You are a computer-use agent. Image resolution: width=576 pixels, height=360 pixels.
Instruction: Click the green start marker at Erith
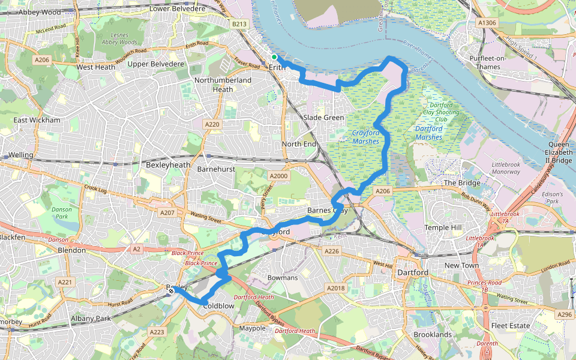tap(274, 57)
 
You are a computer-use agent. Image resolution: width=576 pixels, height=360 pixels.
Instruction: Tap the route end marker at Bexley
tap(172, 291)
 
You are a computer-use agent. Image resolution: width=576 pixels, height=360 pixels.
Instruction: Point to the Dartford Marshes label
tap(428, 133)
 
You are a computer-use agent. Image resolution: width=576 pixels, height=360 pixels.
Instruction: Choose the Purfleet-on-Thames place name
tap(485, 62)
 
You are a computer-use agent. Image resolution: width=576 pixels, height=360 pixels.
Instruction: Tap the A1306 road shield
tap(487, 22)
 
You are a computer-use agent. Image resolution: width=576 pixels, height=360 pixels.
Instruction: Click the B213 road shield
tap(239, 24)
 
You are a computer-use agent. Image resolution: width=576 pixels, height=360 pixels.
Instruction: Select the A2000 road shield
tap(279, 176)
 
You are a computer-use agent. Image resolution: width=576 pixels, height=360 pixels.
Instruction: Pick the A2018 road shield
tap(337, 289)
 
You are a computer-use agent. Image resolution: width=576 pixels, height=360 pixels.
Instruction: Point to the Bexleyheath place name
tap(168, 164)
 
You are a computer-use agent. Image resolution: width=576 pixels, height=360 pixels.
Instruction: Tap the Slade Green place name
tap(323, 118)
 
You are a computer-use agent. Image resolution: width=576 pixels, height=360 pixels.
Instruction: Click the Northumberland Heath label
tap(223, 85)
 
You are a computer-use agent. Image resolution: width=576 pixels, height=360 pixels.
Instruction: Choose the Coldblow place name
tap(218, 305)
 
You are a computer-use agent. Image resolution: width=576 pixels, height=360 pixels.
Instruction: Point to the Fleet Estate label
tap(511, 326)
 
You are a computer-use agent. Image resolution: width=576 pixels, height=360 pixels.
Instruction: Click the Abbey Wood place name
tap(40, 11)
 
